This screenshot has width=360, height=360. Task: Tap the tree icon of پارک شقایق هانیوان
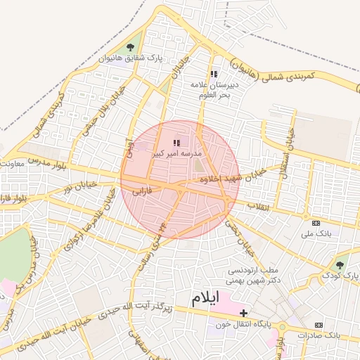(x=130, y=47)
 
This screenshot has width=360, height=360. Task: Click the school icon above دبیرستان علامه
(x=214, y=73)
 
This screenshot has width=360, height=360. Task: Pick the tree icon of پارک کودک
(x=340, y=264)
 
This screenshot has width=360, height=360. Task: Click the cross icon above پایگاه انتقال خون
(x=243, y=312)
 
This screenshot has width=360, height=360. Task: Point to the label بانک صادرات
(x=319, y=335)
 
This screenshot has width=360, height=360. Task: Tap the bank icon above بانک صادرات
(x=319, y=325)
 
